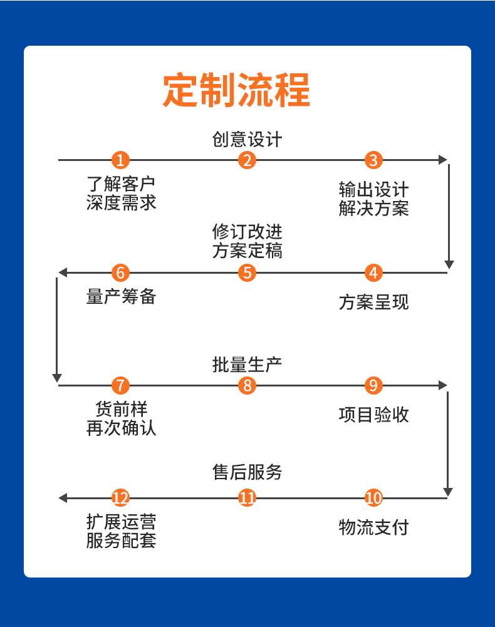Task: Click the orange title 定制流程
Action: coord(237,91)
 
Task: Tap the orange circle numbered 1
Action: coord(121,160)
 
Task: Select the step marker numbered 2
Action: coord(247,160)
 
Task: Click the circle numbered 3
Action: coord(373,160)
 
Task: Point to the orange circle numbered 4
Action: coord(373,273)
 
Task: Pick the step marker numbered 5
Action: coord(247,273)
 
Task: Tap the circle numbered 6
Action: coord(121,273)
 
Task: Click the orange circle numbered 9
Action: coord(373,385)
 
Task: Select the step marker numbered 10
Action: coord(373,498)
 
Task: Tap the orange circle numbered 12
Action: coord(121,498)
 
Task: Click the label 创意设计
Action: coord(247,139)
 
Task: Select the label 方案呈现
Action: coord(373,302)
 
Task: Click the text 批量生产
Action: coord(247,364)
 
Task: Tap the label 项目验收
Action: coord(373,414)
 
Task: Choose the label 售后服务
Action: coord(247,472)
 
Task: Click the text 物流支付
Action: coord(373,527)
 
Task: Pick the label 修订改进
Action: coord(247,232)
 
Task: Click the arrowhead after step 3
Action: coord(443,160)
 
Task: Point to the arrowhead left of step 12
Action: coord(63,498)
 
